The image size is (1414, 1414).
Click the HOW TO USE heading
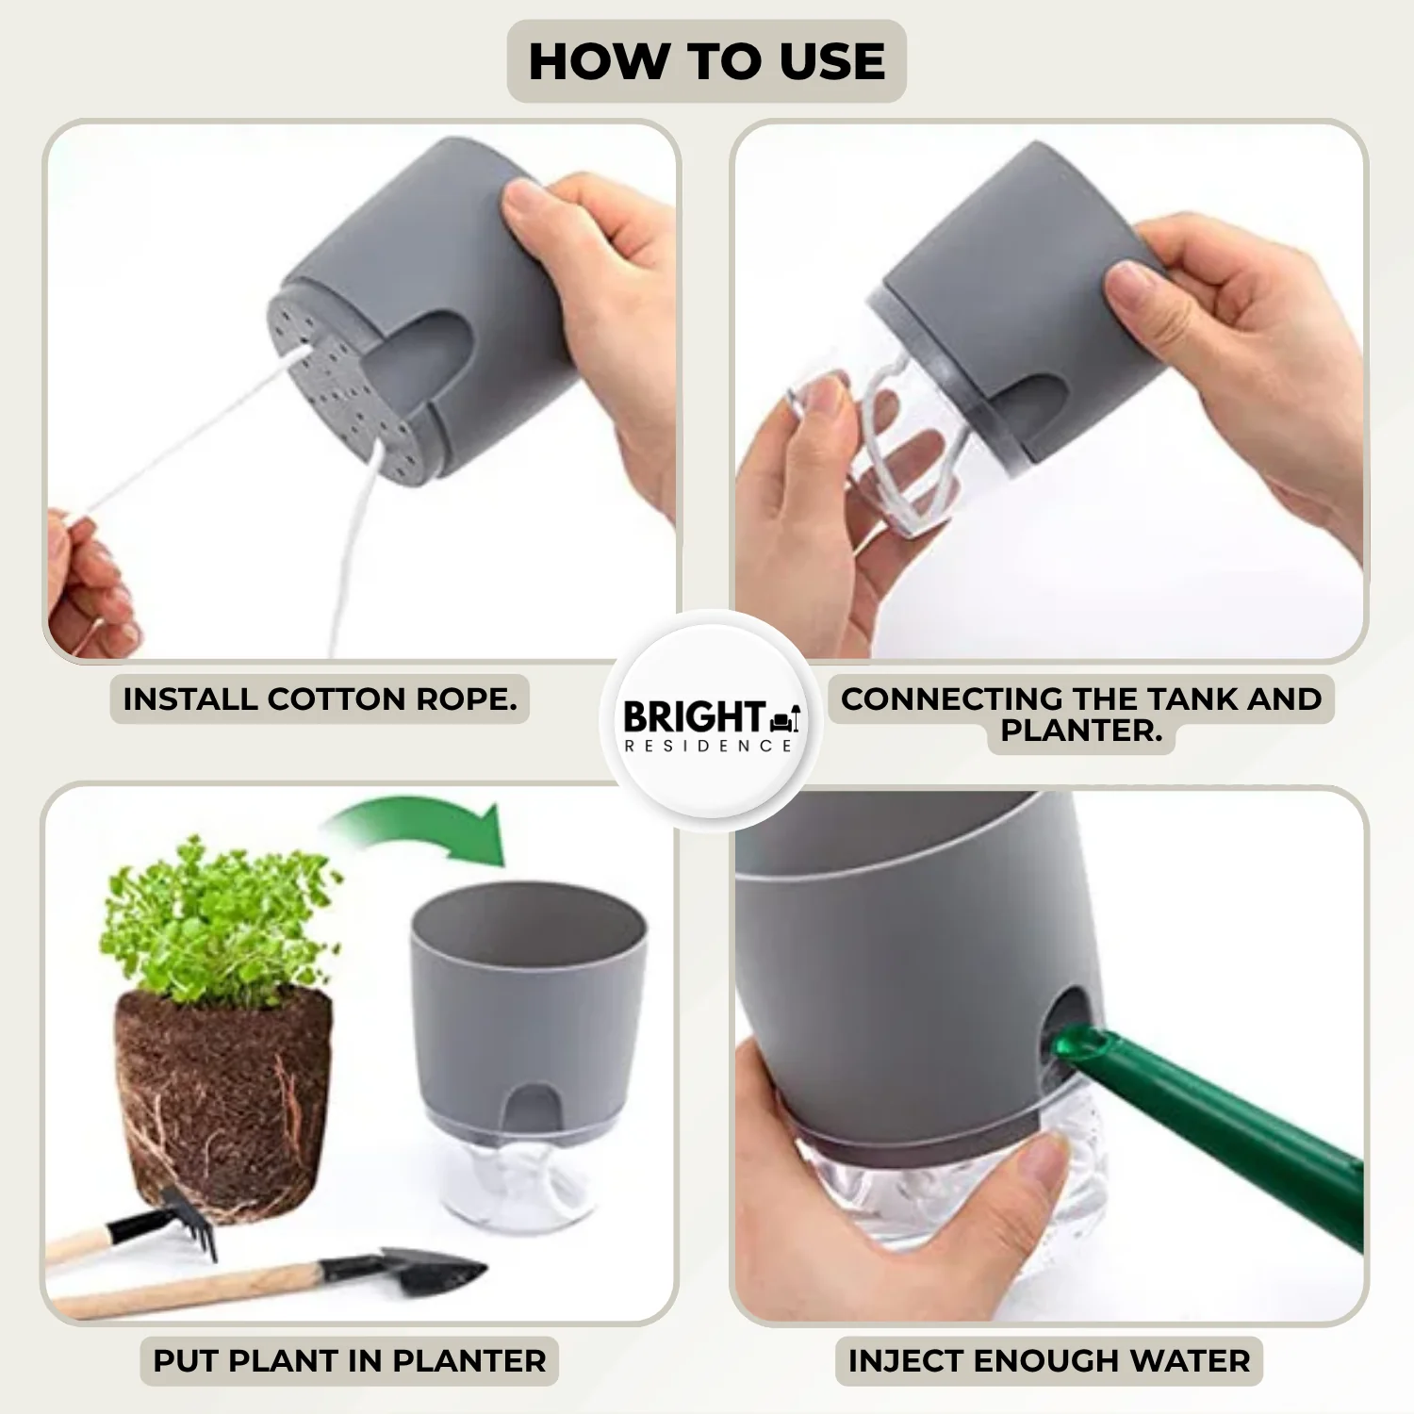pyautogui.click(x=707, y=62)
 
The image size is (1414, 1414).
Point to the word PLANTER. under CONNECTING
pyautogui.click(x=1081, y=731)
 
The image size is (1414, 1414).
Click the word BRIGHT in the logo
pyautogui.click(x=694, y=717)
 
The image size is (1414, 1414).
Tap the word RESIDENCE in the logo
pyautogui.click(x=708, y=746)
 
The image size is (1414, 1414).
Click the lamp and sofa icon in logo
pyautogui.click(x=785, y=718)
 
